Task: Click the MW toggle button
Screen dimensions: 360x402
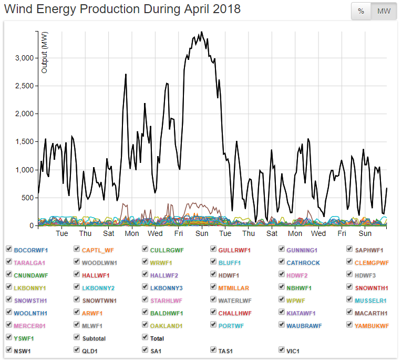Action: tap(384, 11)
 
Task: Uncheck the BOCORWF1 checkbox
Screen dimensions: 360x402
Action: tap(9, 249)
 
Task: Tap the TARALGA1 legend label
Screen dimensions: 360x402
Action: tap(30, 262)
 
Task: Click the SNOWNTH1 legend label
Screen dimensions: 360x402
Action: tap(371, 287)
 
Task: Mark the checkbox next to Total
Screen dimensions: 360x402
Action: tap(146, 338)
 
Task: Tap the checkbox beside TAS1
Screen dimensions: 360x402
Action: tap(214, 349)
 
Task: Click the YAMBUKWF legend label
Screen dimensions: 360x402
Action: tap(372, 325)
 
